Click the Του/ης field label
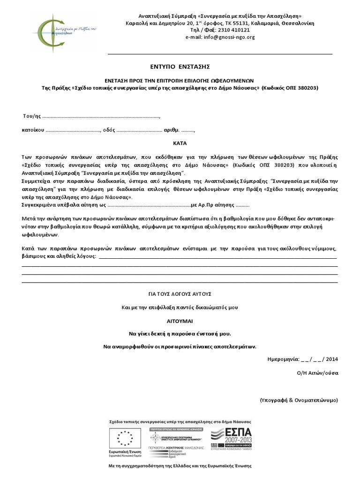point(31,116)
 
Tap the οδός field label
point(109,130)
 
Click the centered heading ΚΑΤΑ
point(180,142)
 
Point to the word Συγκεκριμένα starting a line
point(40,205)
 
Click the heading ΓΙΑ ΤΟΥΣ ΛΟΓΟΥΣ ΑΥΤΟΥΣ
point(180,294)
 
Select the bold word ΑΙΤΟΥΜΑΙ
point(180,321)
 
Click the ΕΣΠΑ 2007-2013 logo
point(231,439)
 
